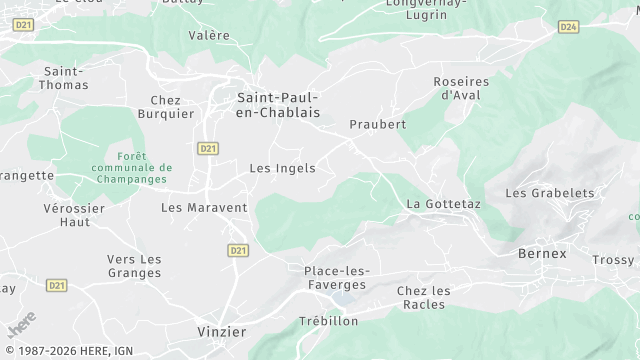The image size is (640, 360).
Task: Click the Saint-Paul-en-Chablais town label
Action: click(x=277, y=104)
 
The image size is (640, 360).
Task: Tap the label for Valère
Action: click(x=209, y=35)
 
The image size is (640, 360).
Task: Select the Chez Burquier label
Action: click(x=172, y=107)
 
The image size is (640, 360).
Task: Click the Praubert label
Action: click(x=377, y=124)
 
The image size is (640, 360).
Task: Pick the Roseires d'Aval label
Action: click(x=461, y=88)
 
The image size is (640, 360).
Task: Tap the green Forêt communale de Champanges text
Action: click(x=131, y=168)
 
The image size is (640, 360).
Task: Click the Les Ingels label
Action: click(x=282, y=168)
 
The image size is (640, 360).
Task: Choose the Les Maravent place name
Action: click(x=204, y=207)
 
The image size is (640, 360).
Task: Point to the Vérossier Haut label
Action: click(x=74, y=215)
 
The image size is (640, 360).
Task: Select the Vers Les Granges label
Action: click(x=134, y=266)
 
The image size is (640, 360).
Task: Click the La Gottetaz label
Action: click(x=443, y=204)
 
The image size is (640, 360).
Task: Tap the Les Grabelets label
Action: click(x=550, y=193)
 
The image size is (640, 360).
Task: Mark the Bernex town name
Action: click(x=542, y=253)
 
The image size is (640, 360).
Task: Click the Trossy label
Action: click(x=613, y=259)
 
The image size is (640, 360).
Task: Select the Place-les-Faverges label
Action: click(x=337, y=277)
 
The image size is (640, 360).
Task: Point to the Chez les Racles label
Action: click(x=423, y=297)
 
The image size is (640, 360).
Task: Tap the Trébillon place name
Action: click(x=328, y=321)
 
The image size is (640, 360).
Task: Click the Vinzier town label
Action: click(x=221, y=330)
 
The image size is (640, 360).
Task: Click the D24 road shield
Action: click(x=568, y=26)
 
